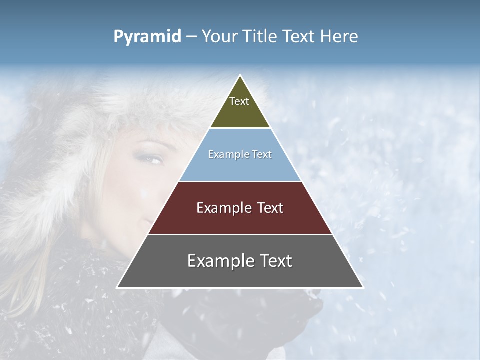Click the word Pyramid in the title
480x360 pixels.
(x=147, y=37)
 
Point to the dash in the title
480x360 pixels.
(x=191, y=37)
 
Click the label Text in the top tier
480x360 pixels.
(x=239, y=101)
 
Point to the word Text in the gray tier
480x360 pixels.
(x=276, y=261)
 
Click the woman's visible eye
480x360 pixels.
(x=152, y=159)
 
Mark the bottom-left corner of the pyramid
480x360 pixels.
(x=117, y=288)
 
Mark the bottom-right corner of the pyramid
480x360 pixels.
(x=363, y=288)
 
